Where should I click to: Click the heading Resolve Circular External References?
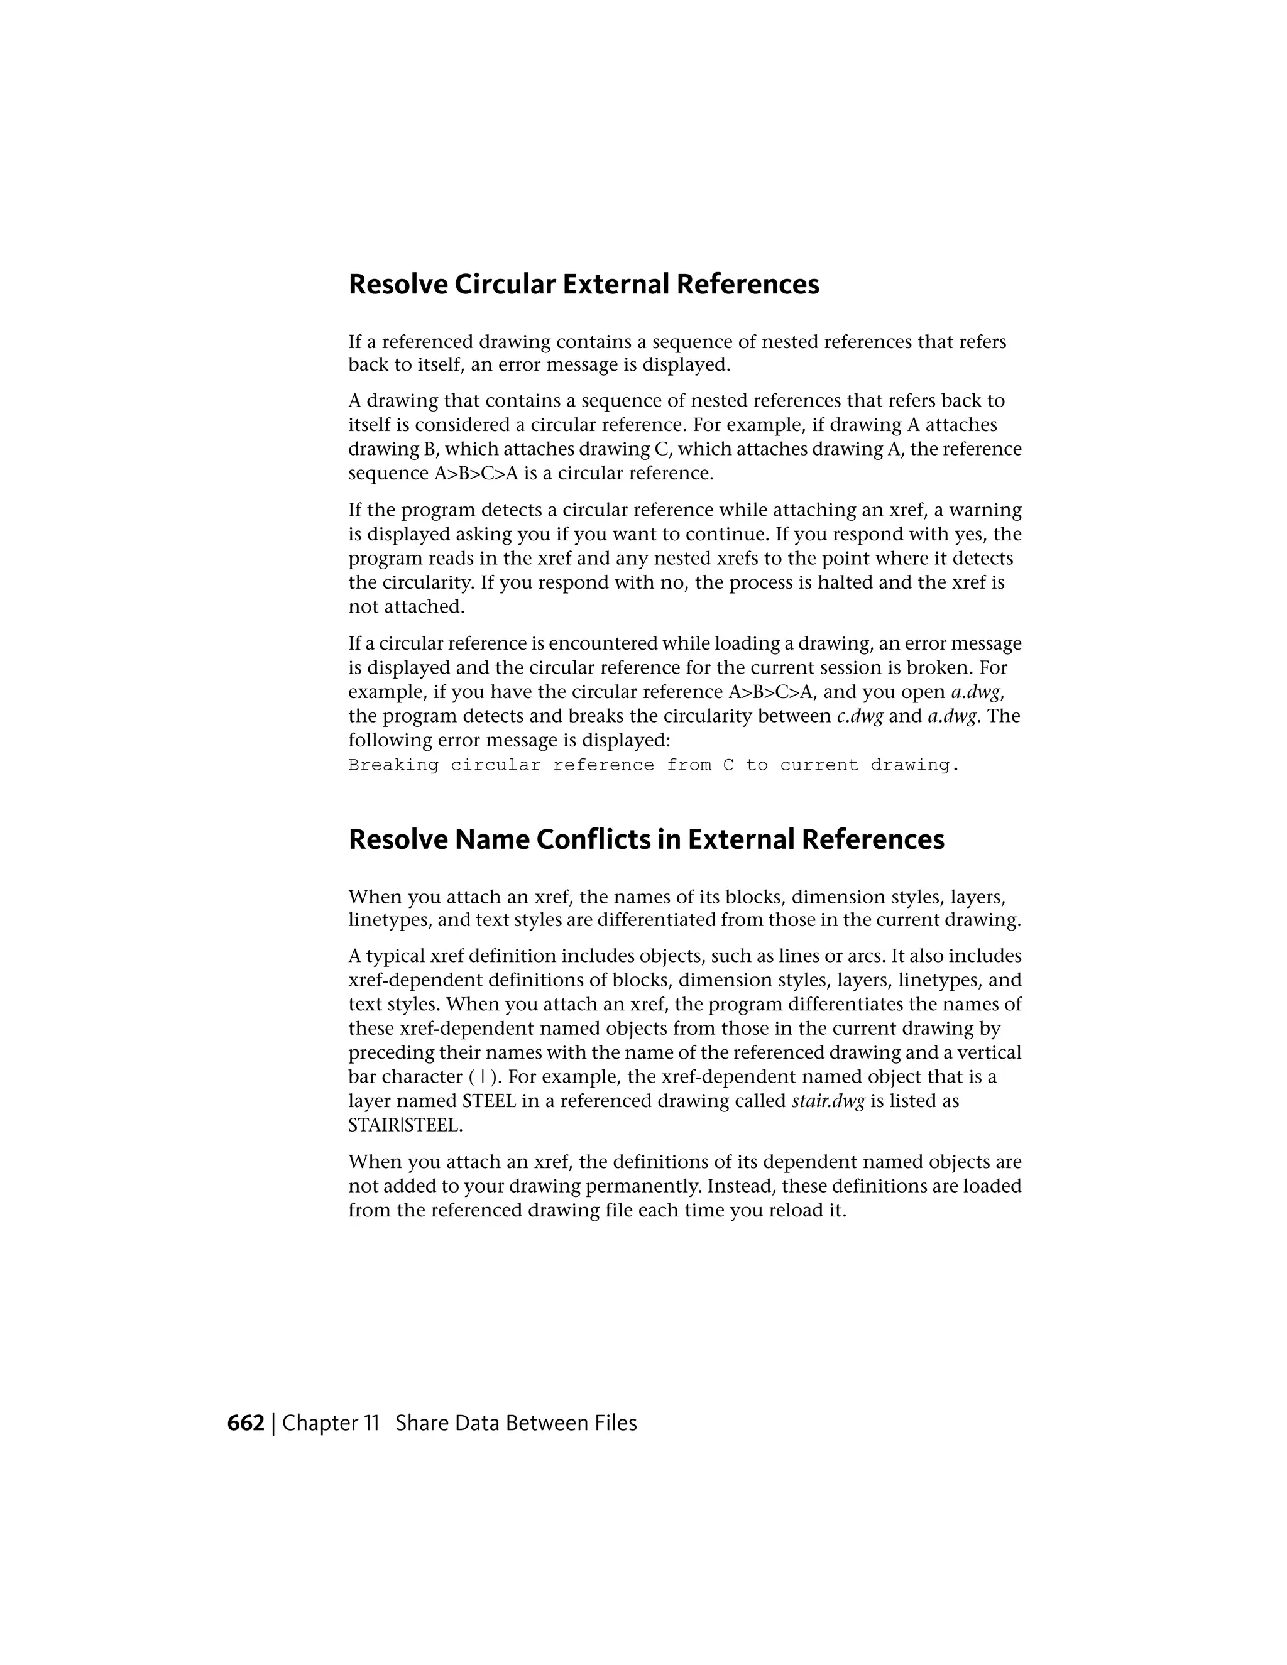pos(583,285)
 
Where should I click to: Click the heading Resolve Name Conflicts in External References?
pos(646,839)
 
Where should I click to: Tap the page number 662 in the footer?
pos(246,1423)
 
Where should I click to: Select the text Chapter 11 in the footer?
pos(330,1423)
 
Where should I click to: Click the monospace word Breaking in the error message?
pos(393,765)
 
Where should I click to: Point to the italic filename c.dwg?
pos(859,717)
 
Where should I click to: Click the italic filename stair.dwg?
pos(828,1101)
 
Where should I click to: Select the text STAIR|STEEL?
pos(405,1126)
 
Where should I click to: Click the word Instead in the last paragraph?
pos(740,1187)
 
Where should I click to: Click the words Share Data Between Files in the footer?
pos(516,1423)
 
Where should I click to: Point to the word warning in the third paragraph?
pos(983,510)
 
